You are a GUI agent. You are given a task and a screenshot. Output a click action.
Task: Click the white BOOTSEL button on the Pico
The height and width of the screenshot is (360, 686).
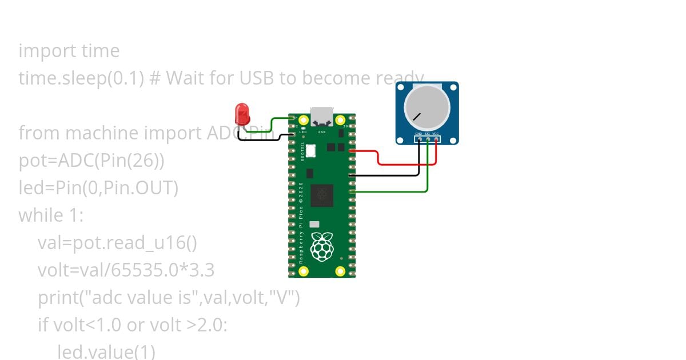click(x=311, y=150)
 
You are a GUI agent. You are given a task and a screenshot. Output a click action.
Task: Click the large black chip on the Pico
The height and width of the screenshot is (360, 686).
click(x=322, y=195)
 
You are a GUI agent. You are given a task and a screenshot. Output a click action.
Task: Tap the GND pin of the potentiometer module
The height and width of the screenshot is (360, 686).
click(x=419, y=138)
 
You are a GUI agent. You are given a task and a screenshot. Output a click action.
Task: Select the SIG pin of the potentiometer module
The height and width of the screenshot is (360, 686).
click(x=428, y=138)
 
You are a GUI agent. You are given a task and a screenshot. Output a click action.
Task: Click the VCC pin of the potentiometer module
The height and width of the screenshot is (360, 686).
click(x=436, y=138)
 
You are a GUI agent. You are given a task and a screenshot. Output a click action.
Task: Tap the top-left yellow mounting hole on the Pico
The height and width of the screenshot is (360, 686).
click(x=303, y=120)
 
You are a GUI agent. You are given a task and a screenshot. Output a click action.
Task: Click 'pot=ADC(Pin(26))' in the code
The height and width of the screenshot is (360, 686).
click(x=91, y=161)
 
